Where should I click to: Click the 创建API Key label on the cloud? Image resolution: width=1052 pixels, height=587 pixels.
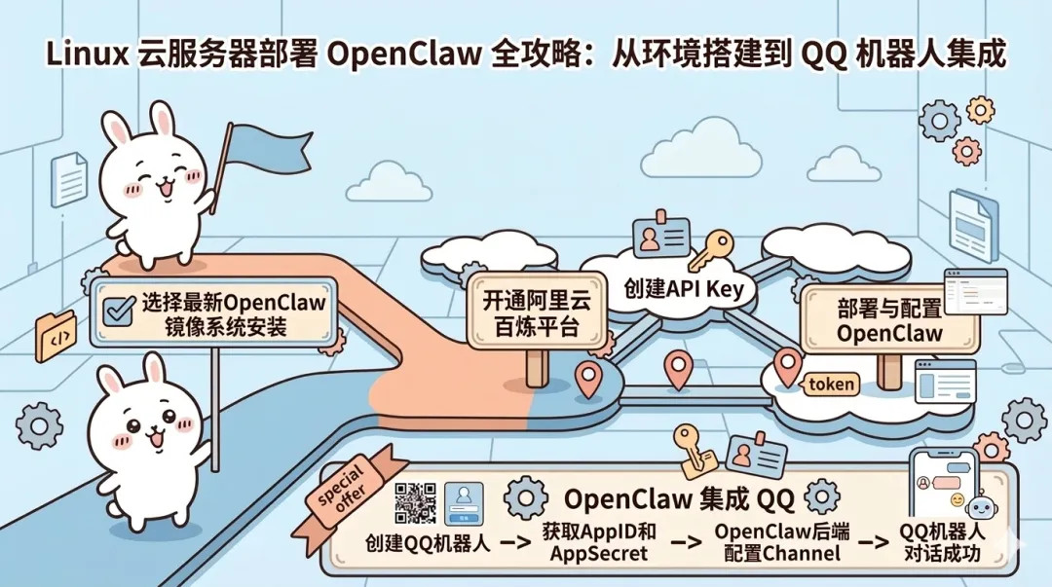[684, 289]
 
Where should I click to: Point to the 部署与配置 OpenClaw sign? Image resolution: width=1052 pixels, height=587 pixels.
[888, 320]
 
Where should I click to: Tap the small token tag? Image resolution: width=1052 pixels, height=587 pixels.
[830, 384]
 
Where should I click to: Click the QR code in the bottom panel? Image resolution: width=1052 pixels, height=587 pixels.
[416, 503]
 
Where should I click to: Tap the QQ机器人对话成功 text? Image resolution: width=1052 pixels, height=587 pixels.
[941, 543]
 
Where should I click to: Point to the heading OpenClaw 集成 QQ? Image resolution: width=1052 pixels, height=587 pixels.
[680, 500]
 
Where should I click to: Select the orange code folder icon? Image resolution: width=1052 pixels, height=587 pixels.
[55, 337]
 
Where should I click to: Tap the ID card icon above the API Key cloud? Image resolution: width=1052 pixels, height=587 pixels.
[660, 237]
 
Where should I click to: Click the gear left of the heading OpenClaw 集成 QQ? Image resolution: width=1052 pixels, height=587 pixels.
[527, 498]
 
